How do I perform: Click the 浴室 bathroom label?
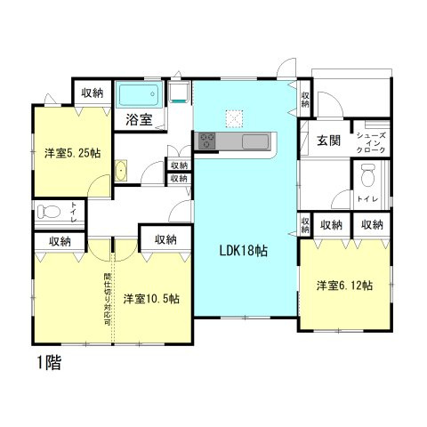139,118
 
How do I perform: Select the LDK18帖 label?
244,251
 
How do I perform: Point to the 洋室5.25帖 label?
72,153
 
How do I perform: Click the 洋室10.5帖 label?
151,298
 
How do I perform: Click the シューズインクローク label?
370,143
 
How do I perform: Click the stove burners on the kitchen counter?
207,141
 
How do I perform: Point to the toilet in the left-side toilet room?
50,211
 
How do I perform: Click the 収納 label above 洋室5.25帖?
92,92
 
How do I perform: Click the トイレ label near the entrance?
367,199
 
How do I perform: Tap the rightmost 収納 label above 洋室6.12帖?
371,226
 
